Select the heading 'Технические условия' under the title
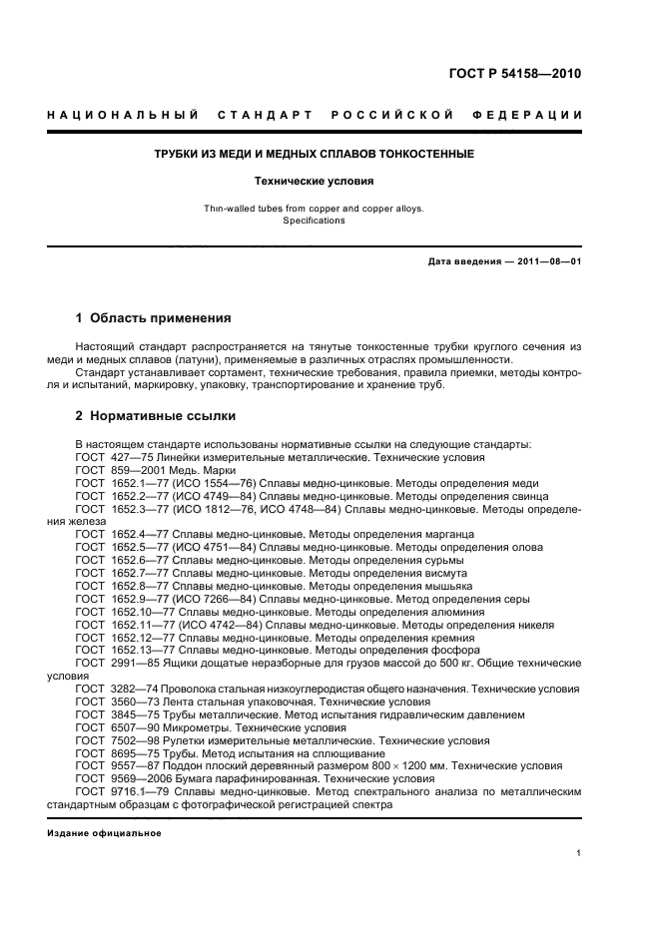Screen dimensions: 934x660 tap(315, 182)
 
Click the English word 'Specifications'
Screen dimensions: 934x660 tap(315, 221)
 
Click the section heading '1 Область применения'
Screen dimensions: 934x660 tap(154, 318)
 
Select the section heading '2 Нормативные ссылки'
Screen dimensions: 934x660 tap(156, 415)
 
